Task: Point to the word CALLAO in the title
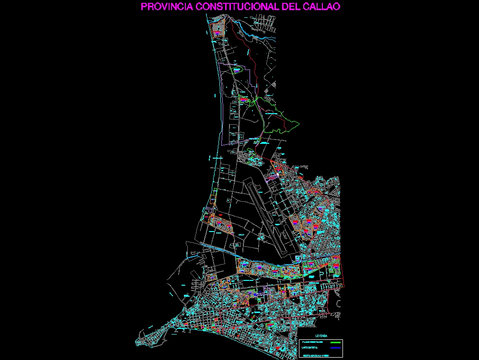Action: pos(322,7)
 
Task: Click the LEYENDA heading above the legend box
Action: pos(321,336)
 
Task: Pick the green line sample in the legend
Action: pos(335,342)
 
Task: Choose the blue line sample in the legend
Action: pos(335,348)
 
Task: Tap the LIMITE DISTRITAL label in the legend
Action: pos(310,348)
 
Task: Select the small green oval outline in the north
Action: pos(237,71)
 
